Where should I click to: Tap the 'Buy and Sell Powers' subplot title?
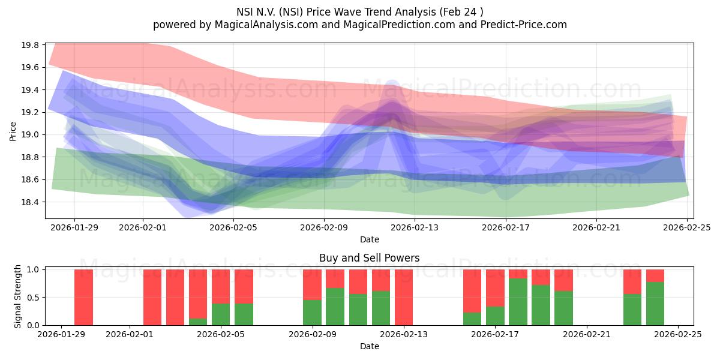pos(369,259)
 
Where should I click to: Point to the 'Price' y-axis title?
pos(13,130)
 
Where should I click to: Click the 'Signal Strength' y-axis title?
pos(18,297)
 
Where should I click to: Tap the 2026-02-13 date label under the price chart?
pos(415,228)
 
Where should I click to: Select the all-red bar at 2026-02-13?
pos(404,297)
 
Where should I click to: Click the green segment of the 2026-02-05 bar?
pos(221,314)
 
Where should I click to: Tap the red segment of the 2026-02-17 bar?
pos(495,288)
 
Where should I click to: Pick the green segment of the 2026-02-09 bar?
pos(312,313)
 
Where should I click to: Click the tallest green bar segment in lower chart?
pos(518,302)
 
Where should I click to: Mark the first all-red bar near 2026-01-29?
pos(83,297)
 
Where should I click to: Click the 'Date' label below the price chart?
pos(369,239)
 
